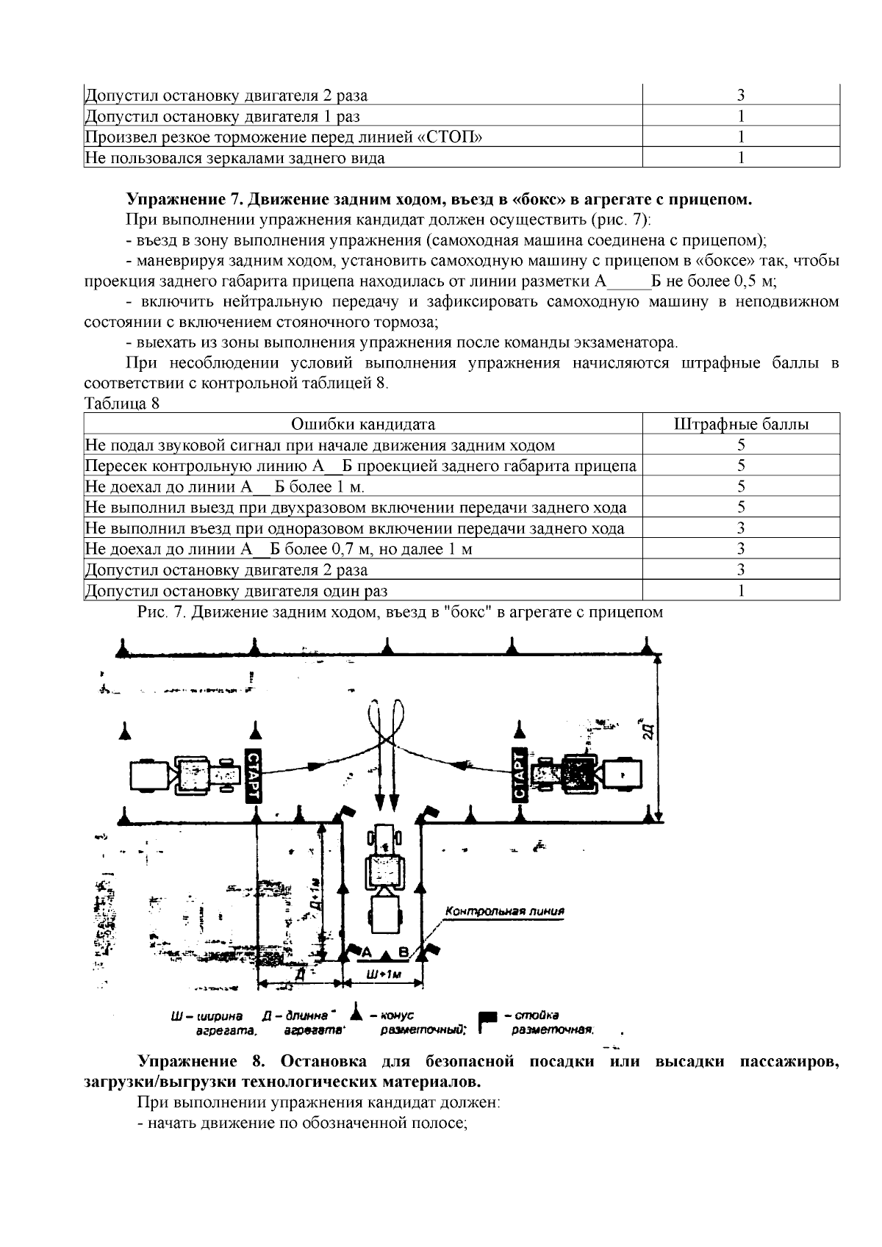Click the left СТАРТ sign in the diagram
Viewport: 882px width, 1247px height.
coord(251,777)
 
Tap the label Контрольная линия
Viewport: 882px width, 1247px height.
coord(504,911)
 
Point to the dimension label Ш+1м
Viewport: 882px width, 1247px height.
coord(382,974)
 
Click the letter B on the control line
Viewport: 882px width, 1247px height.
coord(403,953)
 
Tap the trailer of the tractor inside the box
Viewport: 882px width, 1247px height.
coord(384,916)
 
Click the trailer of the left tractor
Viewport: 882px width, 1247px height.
coord(149,775)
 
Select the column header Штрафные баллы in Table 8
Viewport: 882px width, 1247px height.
coord(741,424)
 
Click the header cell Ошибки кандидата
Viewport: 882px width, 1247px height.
coord(363,424)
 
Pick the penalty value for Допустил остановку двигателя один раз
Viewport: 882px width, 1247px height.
coord(741,590)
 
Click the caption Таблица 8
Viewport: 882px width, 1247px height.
coord(122,403)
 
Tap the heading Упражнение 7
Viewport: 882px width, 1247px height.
coord(184,199)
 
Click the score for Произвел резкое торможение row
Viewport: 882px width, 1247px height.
coord(741,137)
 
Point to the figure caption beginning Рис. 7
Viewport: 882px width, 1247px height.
coord(401,611)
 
